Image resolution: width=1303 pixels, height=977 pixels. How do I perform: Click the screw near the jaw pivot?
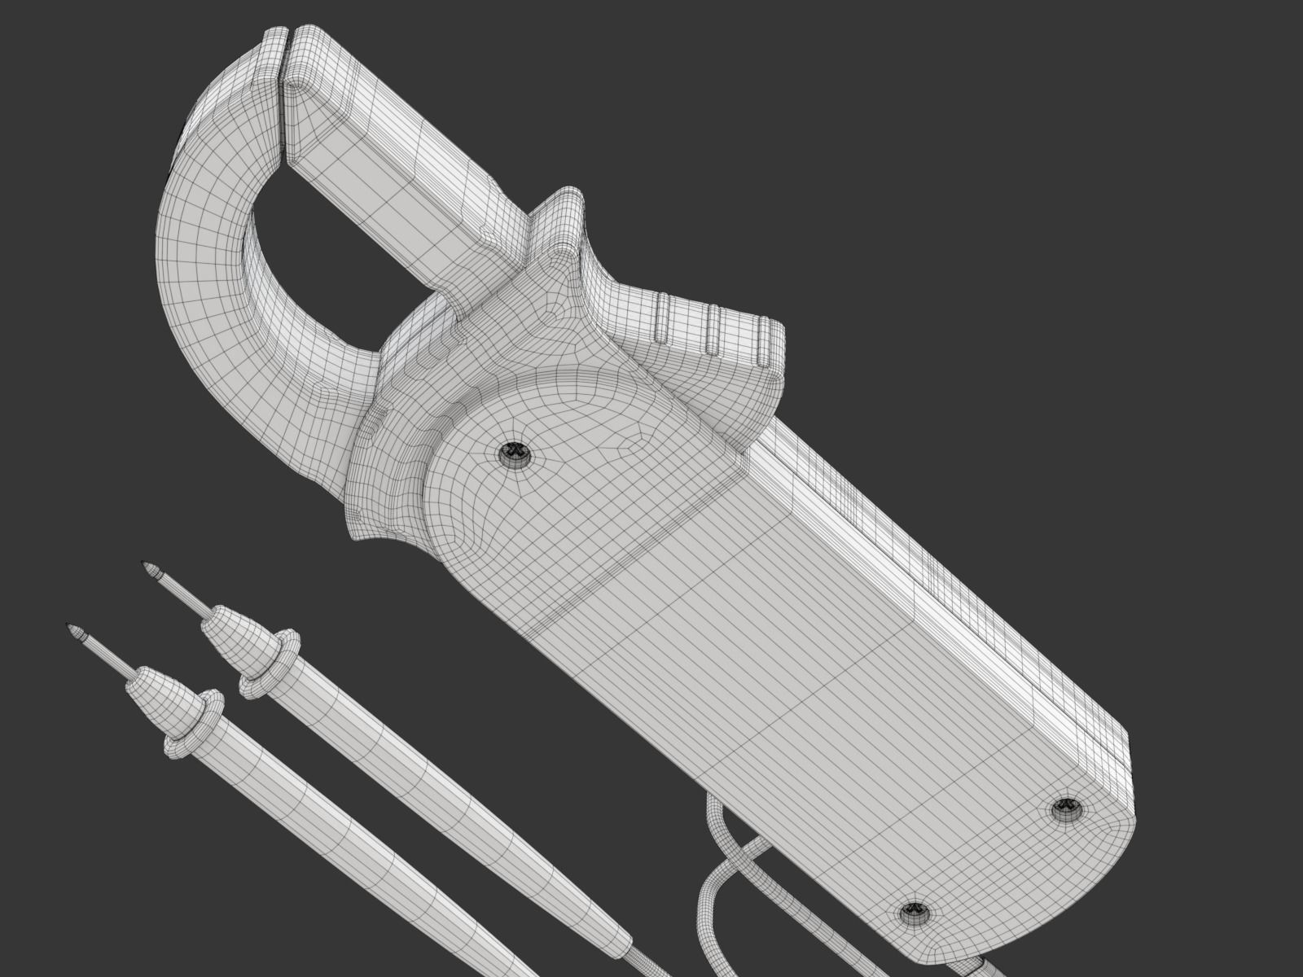(x=514, y=453)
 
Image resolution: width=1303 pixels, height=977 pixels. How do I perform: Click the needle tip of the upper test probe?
(x=149, y=567)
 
